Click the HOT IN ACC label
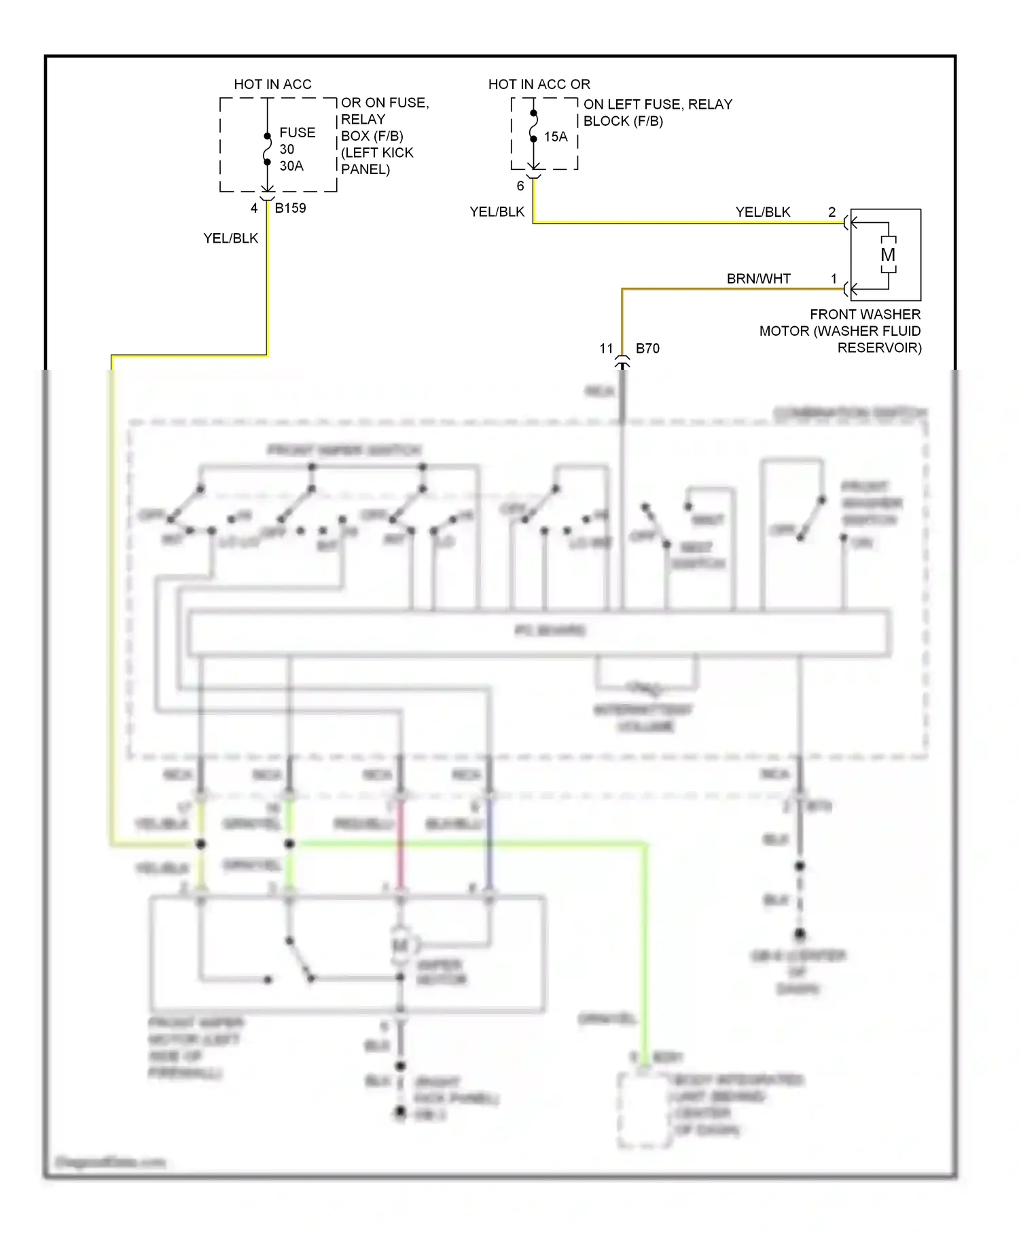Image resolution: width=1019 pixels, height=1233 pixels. (272, 84)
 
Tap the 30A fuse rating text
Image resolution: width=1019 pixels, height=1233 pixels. (291, 166)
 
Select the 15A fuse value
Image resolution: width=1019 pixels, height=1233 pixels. (556, 137)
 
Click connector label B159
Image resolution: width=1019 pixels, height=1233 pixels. (290, 208)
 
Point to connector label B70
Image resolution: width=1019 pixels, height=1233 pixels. (647, 348)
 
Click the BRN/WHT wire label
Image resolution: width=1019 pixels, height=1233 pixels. (758, 279)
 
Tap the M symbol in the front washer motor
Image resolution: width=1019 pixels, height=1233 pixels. (888, 255)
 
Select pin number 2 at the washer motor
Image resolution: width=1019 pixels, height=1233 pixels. (832, 212)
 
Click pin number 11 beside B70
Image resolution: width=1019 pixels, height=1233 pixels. (606, 348)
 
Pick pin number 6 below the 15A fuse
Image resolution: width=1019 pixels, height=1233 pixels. (520, 186)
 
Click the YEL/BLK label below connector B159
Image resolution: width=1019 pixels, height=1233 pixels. (230, 238)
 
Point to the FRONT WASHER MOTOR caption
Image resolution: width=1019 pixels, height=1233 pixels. (841, 331)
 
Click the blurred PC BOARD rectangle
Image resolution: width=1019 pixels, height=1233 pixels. (539, 632)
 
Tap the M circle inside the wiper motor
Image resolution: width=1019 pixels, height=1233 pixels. (400, 945)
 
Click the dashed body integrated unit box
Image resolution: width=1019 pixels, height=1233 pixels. (643, 1109)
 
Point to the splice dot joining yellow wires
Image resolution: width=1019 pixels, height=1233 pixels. (200, 844)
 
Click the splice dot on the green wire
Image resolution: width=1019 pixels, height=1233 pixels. (289, 844)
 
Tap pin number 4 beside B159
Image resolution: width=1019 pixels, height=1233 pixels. (254, 208)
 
